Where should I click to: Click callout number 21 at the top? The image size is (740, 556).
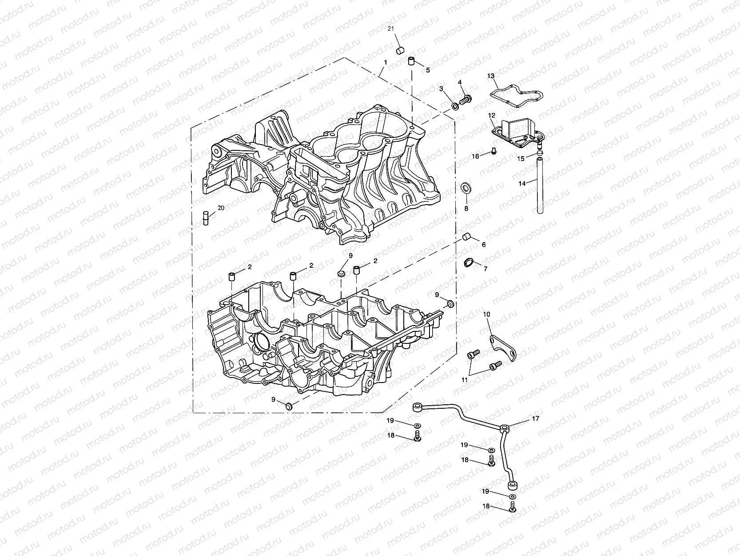coord(391,29)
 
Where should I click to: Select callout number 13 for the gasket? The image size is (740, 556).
coord(491,76)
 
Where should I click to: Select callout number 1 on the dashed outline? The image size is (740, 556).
coord(386,63)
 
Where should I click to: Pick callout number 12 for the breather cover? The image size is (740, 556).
coord(492,116)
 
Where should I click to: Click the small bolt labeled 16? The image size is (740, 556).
coord(493,152)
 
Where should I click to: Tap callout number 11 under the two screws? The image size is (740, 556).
coord(465,380)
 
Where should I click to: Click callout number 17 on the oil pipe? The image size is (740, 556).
coord(536,419)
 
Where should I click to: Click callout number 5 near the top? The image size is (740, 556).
coord(428,70)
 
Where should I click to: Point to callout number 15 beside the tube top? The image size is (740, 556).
coord(521,158)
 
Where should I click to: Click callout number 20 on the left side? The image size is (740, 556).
coord(221,208)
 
